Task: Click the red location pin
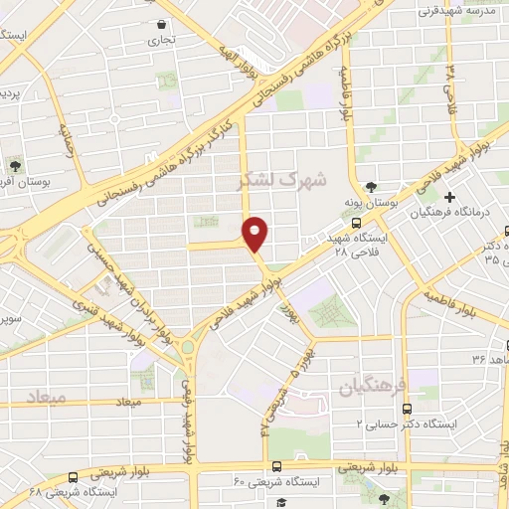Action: (256, 234)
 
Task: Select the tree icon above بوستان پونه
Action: (371, 186)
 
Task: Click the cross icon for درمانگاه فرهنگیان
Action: (450, 197)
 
